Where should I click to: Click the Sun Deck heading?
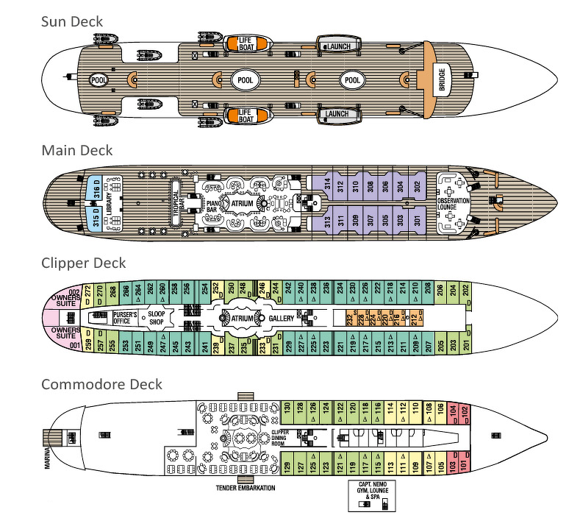coord(71,21)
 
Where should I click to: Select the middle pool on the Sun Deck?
coord(245,79)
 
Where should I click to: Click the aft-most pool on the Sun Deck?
coord(98,79)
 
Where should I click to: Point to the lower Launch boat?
coord(337,114)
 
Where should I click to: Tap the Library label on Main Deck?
coord(109,204)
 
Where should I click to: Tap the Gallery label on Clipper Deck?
coord(282,319)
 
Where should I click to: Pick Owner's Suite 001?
coord(66,337)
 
